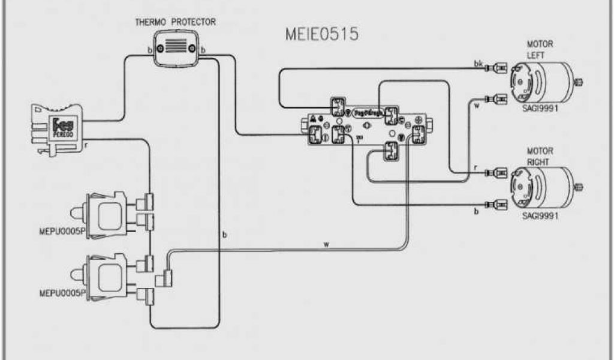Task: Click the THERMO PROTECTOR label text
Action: click(175, 23)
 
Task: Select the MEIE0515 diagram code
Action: click(321, 34)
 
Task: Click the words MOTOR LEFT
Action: click(539, 49)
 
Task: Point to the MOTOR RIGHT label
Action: click(539, 157)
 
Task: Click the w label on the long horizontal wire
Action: click(326, 244)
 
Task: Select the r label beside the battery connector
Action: click(88, 145)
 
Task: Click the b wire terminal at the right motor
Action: click(497, 205)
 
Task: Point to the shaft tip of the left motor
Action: click(580, 81)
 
